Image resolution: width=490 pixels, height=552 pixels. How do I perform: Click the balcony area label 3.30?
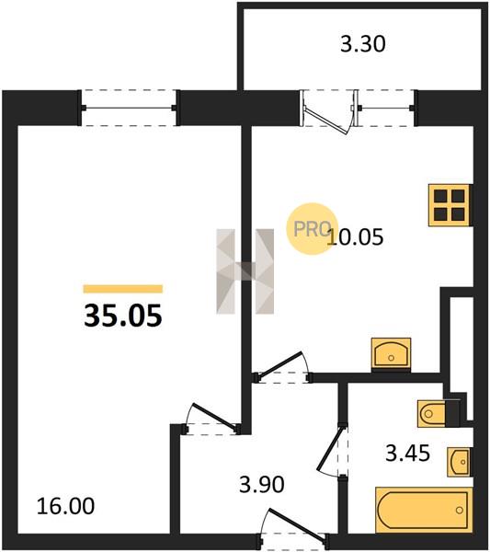tap(362, 45)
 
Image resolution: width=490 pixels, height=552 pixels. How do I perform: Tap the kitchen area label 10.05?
tap(355, 237)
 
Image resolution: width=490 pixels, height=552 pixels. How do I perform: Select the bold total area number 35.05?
tap(123, 316)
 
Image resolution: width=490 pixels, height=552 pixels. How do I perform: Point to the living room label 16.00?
tap(66, 506)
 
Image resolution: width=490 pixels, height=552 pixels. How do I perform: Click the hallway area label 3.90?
tap(262, 485)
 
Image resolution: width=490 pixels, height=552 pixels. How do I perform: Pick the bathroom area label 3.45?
tap(407, 453)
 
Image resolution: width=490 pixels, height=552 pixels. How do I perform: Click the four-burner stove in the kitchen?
tap(450, 205)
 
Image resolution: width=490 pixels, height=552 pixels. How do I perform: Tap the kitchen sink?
tap(391, 354)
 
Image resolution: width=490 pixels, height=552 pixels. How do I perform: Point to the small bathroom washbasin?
tap(459, 462)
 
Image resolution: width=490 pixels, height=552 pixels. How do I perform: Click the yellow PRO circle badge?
tap(312, 229)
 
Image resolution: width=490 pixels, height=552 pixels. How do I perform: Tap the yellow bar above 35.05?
tap(123, 289)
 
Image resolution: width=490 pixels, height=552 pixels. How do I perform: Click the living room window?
tap(129, 108)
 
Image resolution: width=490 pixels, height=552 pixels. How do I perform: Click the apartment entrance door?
tap(294, 528)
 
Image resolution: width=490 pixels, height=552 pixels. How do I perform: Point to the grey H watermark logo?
tap(245, 271)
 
